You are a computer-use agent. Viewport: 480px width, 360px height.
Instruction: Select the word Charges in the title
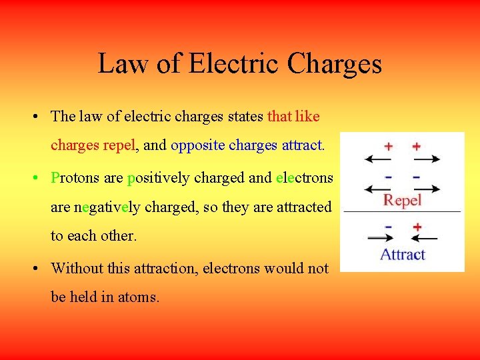pos(335,64)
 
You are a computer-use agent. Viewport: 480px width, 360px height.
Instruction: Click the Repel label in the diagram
pos(403,199)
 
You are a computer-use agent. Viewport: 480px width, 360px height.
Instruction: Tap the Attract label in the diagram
pos(403,254)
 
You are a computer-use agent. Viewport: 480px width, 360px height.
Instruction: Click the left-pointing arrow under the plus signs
pos(378,159)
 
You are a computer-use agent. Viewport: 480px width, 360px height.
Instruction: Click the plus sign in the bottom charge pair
pos(417,227)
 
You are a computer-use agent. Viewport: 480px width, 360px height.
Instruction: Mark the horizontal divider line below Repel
pos(402,211)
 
